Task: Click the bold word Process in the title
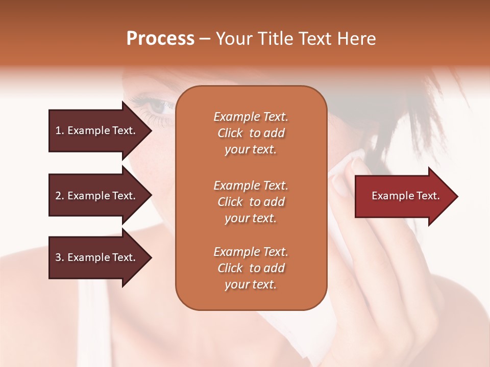(x=160, y=38)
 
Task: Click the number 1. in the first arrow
(x=60, y=131)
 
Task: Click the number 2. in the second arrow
(x=60, y=196)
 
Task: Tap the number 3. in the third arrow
(x=60, y=257)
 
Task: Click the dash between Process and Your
(x=205, y=39)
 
